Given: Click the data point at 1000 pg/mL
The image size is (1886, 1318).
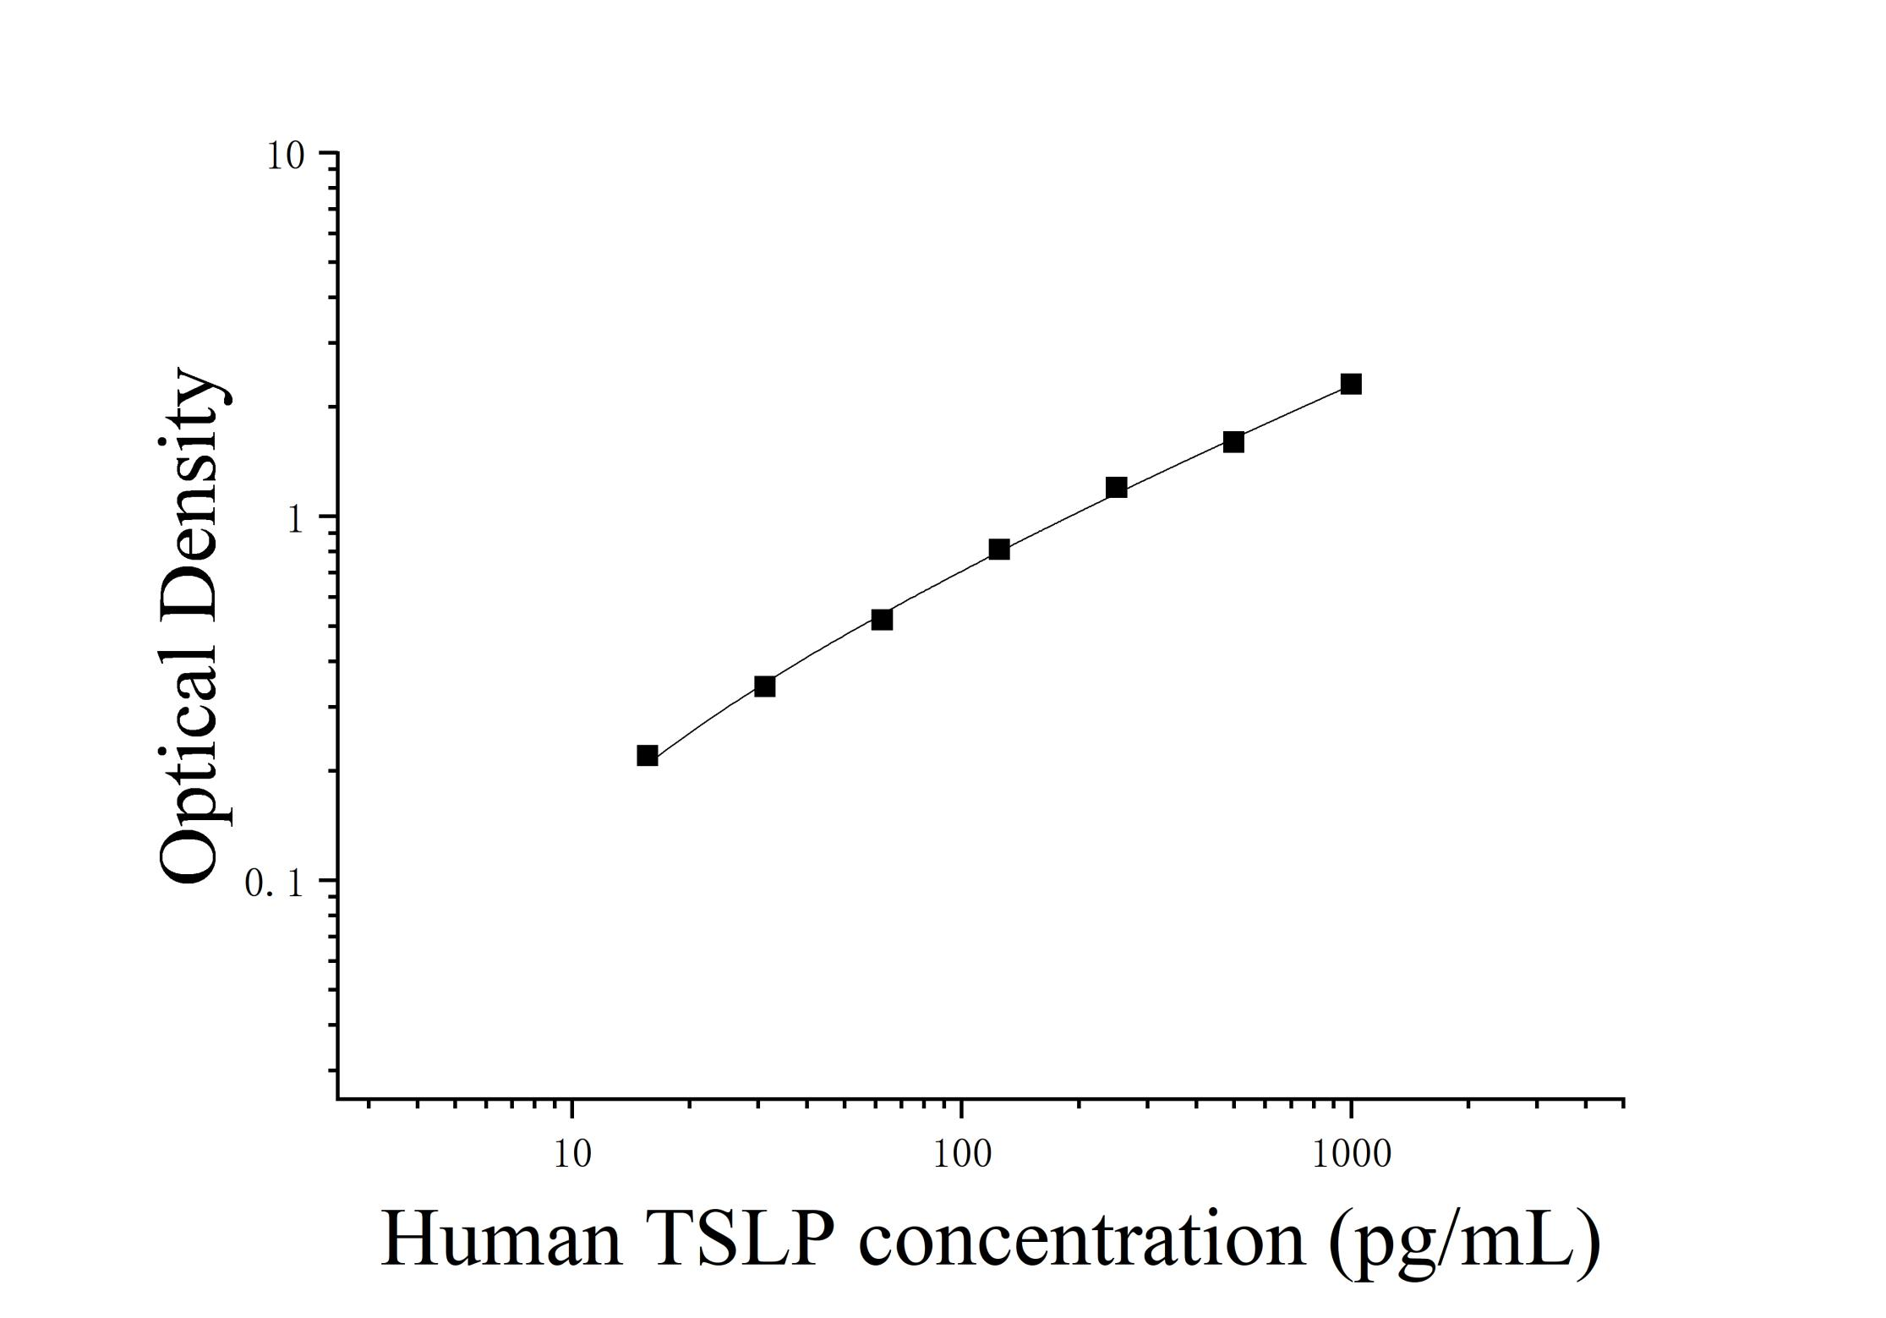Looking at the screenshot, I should coord(1351,385).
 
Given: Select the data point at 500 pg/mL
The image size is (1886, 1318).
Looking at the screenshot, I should coord(1233,442).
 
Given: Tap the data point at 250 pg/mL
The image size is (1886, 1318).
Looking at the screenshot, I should coord(1116,488).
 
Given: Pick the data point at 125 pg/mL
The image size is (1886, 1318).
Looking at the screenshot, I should coord(998,550).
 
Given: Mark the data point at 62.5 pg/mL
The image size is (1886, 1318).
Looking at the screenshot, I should coord(882,620).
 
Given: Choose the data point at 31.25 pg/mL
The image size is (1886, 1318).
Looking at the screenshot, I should coord(764,686).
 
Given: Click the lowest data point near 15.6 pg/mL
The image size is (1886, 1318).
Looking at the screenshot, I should coord(648,756).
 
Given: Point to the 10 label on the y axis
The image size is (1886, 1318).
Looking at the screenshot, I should coord(286,156).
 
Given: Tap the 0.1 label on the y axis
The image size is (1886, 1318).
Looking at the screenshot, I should coord(273,883).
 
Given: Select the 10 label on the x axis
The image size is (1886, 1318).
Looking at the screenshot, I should coord(572,1155).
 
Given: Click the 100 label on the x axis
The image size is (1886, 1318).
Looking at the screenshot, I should coord(962,1155).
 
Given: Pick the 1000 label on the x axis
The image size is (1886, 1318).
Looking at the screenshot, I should coord(1351,1155).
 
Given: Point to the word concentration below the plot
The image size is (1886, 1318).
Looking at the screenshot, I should coord(1081,1240).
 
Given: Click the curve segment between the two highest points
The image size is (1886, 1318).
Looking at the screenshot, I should coord(1293,413).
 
